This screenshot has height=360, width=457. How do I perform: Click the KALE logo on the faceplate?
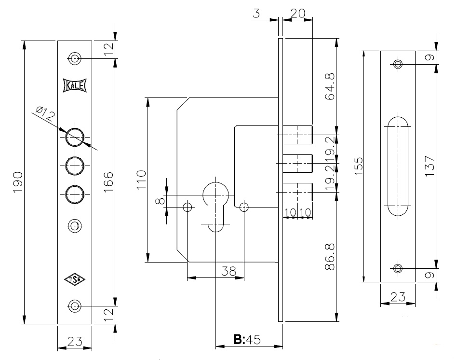tap(74, 85)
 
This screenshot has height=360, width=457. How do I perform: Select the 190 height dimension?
tap(18, 182)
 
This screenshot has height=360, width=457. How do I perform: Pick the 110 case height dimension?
tap(141, 180)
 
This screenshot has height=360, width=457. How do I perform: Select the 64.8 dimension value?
tap(329, 87)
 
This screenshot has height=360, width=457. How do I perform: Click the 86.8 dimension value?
tap(329, 260)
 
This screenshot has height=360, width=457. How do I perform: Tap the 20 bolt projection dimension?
tap(298, 13)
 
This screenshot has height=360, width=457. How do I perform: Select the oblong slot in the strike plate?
tap(398, 166)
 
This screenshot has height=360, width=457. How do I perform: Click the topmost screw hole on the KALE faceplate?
tap(74, 58)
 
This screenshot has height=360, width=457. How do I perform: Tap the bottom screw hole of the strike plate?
tap(398, 268)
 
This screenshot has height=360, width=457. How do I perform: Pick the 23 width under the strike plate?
tap(398, 297)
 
